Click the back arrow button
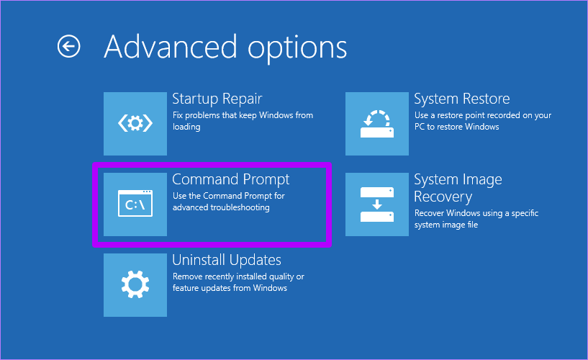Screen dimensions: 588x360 [x=68, y=47]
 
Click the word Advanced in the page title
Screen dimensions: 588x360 [x=171, y=47]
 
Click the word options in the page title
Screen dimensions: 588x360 [x=297, y=50]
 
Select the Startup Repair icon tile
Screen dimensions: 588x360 [x=135, y=124]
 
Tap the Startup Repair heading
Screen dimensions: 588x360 [x=217, y=99]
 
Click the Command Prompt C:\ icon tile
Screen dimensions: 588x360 [x=135, y=204]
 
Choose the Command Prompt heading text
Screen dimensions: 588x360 [x=230, y=179]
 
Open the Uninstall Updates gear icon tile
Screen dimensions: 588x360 [x=135, y=285]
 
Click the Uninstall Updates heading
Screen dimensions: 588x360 [x=227, y=260]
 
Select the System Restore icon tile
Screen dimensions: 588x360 [x=377, y=124]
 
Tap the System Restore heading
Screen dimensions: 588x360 [x=462, y=99]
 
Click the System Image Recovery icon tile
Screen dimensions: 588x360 [x=377, y=204]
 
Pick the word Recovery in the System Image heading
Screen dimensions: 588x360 [x=443, y=197]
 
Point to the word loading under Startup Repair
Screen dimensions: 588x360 [x=186, y=127]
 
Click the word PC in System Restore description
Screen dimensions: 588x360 [x=420, y=127]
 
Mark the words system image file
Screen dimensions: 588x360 [x=446, y=225]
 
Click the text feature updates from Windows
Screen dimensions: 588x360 [x=230, y=288]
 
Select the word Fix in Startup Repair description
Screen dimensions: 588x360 [x=178, y=115]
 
